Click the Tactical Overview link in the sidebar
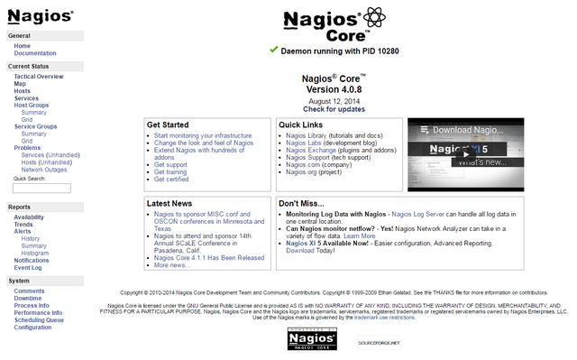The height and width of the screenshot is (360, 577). pos(38,77)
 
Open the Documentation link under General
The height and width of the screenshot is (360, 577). pos(35,53)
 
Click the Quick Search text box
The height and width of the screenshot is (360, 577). pos(41,188)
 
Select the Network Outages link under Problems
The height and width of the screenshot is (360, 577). pos(44,170)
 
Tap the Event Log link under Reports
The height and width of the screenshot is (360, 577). pos(27,267)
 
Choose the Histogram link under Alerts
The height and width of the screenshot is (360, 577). pos(35,253)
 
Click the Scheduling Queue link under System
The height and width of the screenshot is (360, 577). pos(39,319)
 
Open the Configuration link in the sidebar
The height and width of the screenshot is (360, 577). pos(32,327)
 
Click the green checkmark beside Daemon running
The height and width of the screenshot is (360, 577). pos(273,51)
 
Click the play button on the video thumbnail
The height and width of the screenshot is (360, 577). pos(464,153)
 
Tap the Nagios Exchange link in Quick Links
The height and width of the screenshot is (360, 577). pos(312,150)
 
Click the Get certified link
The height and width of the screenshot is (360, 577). pos(170,179)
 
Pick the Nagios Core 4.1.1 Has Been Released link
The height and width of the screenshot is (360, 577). pos(209,257)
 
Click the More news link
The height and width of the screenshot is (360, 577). pos(171,265)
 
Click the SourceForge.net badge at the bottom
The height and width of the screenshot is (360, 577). pos(378,343)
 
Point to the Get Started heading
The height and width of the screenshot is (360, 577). pos(168,125)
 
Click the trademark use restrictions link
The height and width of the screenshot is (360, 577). pos(384,318)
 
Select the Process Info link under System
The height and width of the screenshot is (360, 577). pos(32,305)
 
